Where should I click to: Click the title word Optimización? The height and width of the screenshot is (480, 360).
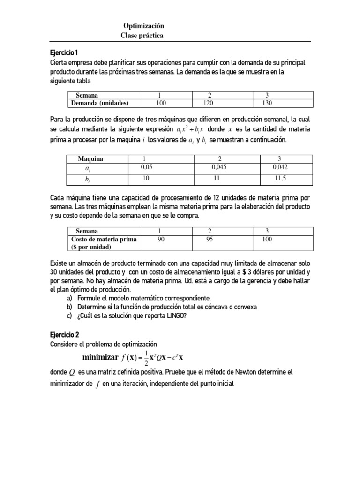[x=143, y=26]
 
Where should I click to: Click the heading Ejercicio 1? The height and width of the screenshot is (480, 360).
[x=64, y=52]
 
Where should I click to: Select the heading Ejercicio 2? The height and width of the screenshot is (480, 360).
[x=65, y=335]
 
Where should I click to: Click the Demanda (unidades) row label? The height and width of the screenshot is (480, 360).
[x=99, y=103]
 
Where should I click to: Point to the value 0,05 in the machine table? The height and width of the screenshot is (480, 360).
[x=148, y=166]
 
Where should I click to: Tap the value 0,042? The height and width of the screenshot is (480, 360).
[x=281, y=166]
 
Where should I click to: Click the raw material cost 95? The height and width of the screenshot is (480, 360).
[x=210, y=239]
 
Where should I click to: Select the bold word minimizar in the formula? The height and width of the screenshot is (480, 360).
[x=100, y=358]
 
